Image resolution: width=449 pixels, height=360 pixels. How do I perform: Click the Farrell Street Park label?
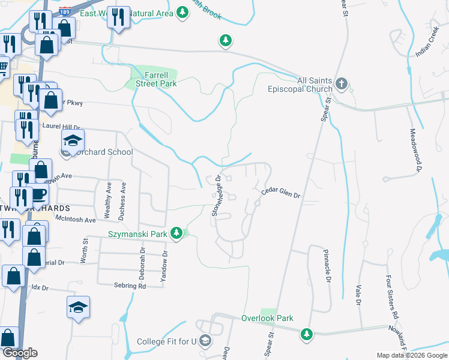pyautogui.click(x=152, y=79)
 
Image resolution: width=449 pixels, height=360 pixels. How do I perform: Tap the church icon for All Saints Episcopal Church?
pyautogui.click(x=342, y=83)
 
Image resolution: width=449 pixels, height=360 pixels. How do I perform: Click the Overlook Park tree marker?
pyautogui.click(x=307, y=333)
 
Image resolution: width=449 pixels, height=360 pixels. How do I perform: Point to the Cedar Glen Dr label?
pyautogui.click(x=280, y=194)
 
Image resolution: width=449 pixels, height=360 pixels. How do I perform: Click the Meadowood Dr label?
pyautogui.click(x=414, y=150)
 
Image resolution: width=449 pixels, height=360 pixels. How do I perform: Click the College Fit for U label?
pyautogui.click(x=167, y=341)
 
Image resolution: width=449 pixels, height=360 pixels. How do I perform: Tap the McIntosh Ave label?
pyautogui.click(x=75, y=220)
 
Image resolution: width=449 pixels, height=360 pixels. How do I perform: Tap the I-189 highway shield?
pyautogui.click(x=65, y=11)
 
